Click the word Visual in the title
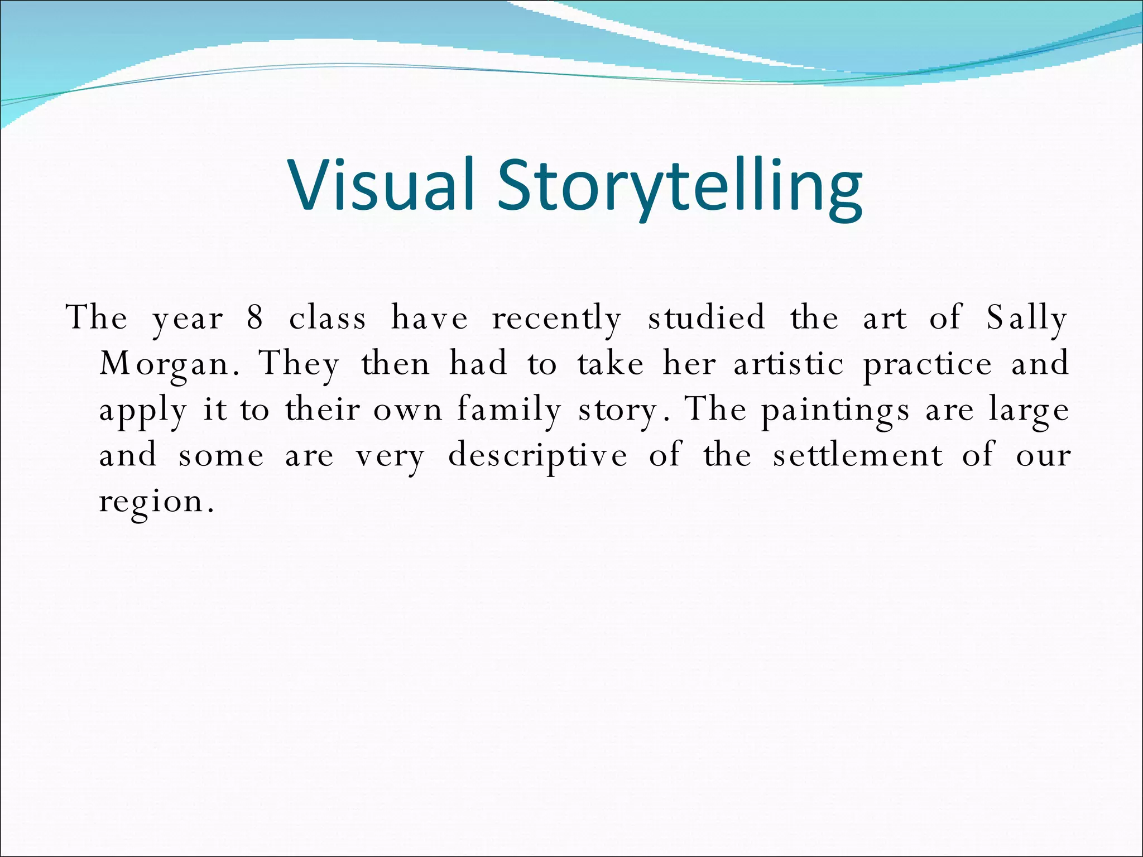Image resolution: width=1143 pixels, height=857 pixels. coord(381,185)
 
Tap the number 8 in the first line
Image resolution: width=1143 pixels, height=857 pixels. coord(255,318)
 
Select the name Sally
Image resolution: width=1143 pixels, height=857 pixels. coord(1026,318)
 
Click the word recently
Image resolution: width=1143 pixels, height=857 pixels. coord(556,318)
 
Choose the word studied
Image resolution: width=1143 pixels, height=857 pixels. coord(706,318)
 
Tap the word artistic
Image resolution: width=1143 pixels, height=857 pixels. coord(789,364)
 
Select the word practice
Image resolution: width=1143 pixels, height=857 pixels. coord(928,364)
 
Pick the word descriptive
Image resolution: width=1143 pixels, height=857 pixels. coord(538,455)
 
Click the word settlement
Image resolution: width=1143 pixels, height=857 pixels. coord(858,455)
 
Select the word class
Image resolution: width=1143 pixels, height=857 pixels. coord(328,318)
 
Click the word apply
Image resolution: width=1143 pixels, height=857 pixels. coord(143,410)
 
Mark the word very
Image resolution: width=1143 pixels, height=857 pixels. coord(391,455)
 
